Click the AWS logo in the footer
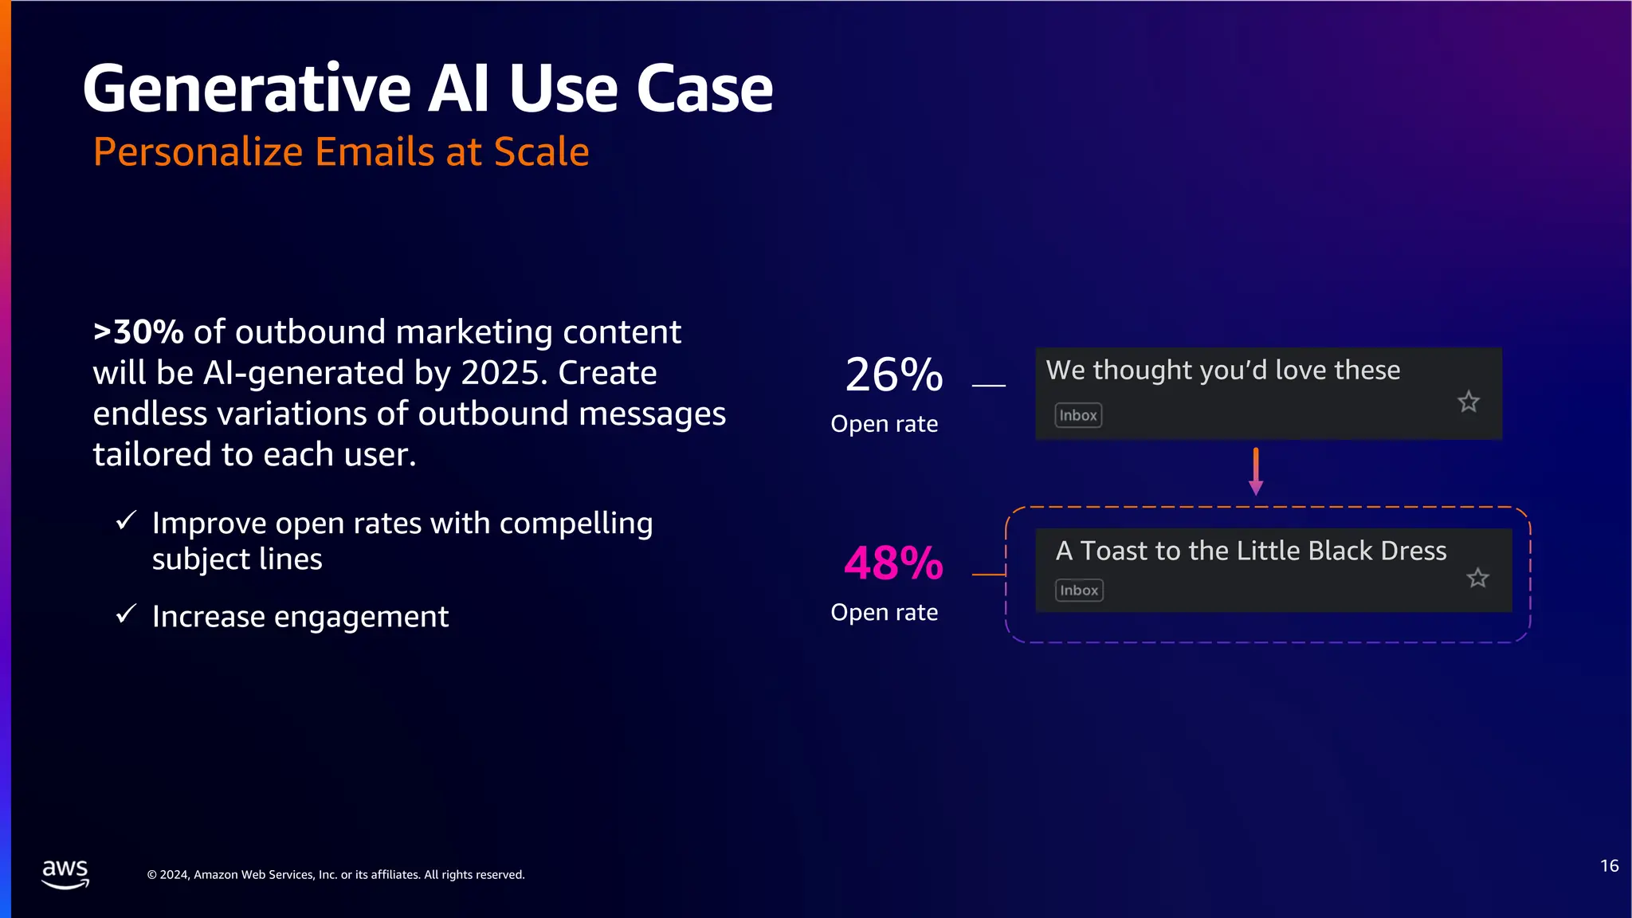pos(65,873)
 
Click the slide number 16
pos(1609,866)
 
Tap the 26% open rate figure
pos(893,375)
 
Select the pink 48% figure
pos(893,563)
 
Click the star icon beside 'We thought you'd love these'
pos(1468,402)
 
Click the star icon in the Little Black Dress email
pos(1477,578)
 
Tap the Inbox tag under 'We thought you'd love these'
pos(1078,415)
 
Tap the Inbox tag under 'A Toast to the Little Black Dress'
pos(1079,590)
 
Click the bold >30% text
pos(139,332)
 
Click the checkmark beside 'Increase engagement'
pos(126,614)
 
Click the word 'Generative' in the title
pos(248,89)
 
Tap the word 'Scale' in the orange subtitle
pos(541,151)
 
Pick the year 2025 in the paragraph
pos(504,373)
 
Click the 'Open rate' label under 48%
pos(884,612)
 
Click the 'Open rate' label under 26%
pos(884,424)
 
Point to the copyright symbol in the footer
pos(151,875)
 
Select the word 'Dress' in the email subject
pos(1413,551)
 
